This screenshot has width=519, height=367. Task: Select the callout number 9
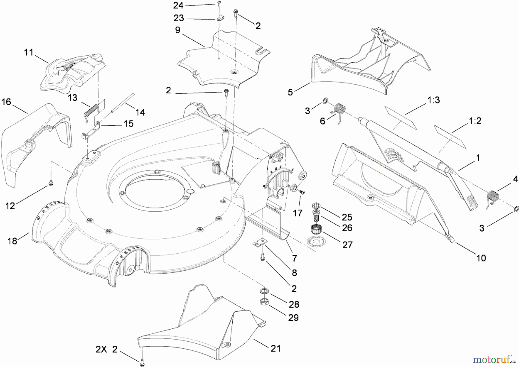178,30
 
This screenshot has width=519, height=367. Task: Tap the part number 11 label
29,52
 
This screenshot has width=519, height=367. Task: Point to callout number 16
6,102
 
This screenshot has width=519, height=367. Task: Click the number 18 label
12,241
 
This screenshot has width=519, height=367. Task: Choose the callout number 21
276,349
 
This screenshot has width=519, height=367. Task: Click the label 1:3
433,100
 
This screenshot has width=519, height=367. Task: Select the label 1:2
475,121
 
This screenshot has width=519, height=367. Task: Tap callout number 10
481,258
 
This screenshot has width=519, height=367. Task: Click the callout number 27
347,245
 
